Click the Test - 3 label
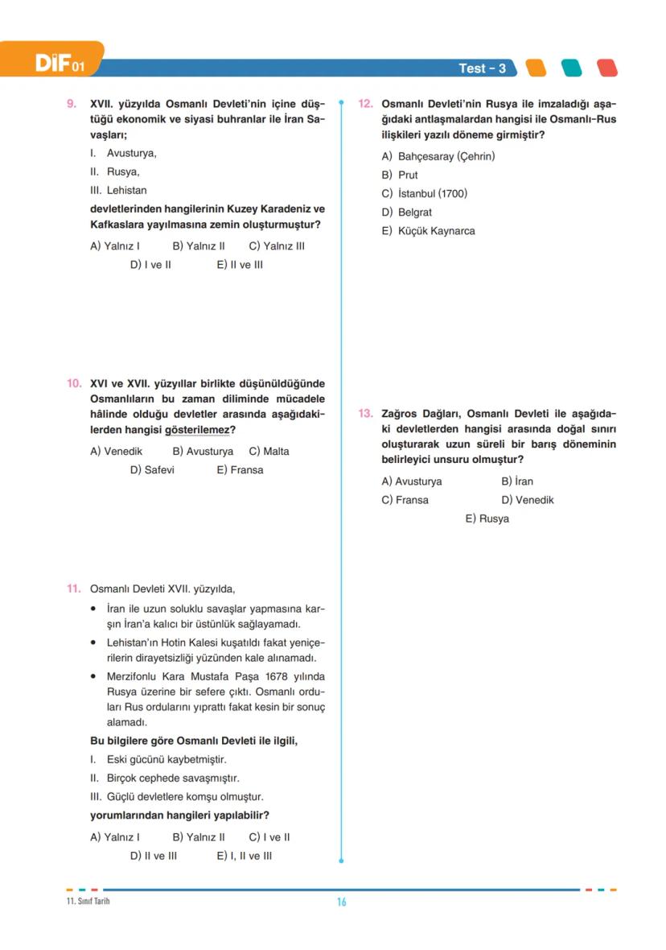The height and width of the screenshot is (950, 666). (482, 68)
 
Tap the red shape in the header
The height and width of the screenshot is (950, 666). (606, 68)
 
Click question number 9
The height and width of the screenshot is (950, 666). (72, 104)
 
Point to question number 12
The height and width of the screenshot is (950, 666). (365, 104)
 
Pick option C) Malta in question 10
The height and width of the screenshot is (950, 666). (269, 452)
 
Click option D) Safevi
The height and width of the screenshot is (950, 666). (152, 470)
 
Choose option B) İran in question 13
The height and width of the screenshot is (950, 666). (516, 481)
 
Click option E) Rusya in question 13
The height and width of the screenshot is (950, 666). (487, 519)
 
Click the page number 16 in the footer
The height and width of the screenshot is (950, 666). (341, 902)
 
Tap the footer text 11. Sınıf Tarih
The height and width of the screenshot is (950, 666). (88, 901)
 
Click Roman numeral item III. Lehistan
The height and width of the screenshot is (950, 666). (118, 191)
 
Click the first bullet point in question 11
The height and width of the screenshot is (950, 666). (94, 609)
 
